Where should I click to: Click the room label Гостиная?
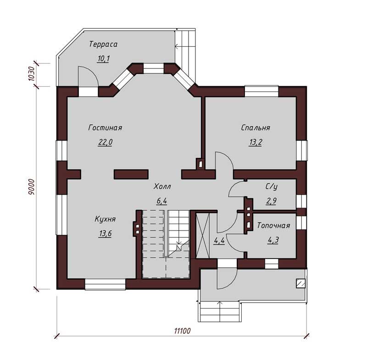point(106,128)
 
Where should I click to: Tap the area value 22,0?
point(106,142)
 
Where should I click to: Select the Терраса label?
point(103,44)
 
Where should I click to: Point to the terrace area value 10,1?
point(103,59)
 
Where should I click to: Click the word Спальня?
point(256,128)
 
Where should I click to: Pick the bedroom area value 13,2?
point(256,142)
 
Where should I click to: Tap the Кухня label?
point(105,219)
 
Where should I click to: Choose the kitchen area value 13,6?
point(105,234)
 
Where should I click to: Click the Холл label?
point(162,187)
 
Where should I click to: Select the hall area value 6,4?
point(162,201)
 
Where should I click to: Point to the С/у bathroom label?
point(272,187)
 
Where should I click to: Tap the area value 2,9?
point(271,201)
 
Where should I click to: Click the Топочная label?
point(273,225)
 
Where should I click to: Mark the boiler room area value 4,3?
point(273,240)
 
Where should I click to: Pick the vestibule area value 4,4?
point(219,241)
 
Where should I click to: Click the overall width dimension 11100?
point(183,331)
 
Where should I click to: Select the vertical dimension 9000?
point(31,187)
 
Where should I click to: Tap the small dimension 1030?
point(31,74)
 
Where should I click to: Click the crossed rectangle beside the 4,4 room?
point(202,236)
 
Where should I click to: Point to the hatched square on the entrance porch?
point(301,283)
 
